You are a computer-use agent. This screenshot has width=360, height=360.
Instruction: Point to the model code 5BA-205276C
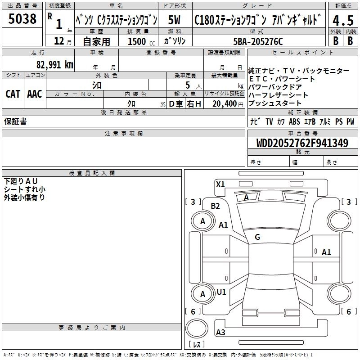tap(258, 41)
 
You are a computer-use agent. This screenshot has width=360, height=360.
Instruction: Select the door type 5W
tap(175, 20)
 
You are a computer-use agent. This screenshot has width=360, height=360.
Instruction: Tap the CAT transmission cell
tap(13, 94)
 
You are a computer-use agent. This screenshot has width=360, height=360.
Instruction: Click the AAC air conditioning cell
tap(35, 94)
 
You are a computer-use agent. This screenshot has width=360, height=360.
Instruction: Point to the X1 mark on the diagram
tap(220, 184)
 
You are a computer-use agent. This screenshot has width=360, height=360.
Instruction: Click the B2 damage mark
tap(216, 206)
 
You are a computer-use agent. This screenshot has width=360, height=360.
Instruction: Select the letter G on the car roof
tap(257, 237)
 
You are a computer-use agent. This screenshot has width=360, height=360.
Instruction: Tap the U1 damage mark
tap(221, 292)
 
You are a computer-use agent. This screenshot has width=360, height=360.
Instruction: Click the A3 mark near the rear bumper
tap(220, 333)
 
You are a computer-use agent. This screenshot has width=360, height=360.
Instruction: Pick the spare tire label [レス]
tap(197, 344)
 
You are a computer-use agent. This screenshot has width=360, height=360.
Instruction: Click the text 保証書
tap(15, 121)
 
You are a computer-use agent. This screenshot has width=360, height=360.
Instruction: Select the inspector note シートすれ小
tap(24, 189)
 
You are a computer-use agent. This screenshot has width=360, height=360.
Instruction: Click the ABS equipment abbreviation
tap(294, 121)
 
